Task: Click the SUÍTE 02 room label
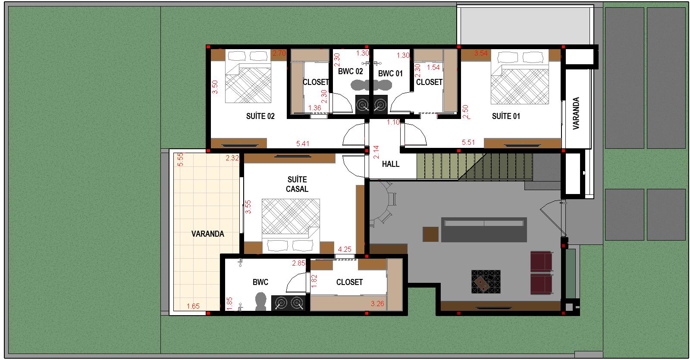coord(260,116)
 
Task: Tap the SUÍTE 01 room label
coord(506,116)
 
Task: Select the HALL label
coord(391,164)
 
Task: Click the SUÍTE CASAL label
coord(297,184)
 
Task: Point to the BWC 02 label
coord(350,71)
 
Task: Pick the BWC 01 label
coord(390,73)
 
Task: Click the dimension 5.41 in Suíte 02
coord(302,144)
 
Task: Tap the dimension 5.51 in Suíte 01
coord(468,142)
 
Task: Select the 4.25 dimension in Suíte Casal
coord(345,249)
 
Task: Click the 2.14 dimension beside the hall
coord(376,152)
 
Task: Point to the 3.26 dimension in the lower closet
coord(377,304)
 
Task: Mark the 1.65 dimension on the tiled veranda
coord(193,306)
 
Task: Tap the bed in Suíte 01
coord(520,78)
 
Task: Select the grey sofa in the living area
coord(484,230)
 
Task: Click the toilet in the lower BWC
coord(260,301)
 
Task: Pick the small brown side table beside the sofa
coord(430,234)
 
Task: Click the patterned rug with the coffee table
coord(486,282)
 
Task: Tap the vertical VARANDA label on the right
coord(576,113)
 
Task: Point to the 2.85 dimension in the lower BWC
coord(298,263)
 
